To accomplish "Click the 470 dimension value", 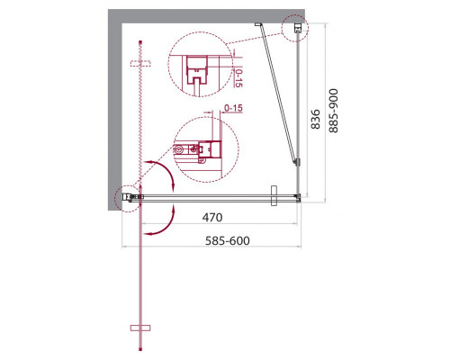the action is click(x=212, y=217).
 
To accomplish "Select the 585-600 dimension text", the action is click(x=228, y=240).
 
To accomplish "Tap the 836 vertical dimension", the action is click(x=315, y=119).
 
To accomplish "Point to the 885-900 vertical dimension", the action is click(x=333, y=111).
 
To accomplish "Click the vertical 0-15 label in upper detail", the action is click(x=238, y=78).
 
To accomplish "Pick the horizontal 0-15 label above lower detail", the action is click(x=233, y=108).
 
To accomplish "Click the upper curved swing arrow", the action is click(x=162, y=174).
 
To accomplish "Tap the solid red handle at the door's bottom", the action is click(x=140, y=328).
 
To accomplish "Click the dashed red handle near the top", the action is click(x=140, y=63).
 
